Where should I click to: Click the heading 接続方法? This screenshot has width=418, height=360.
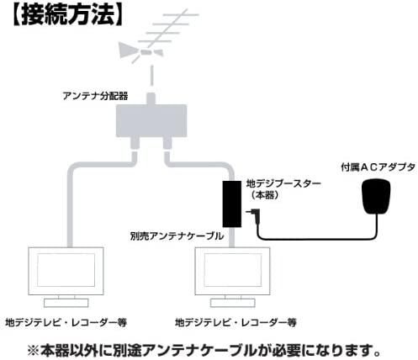click(68, 14)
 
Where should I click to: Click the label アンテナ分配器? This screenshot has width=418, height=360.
click(95, 96)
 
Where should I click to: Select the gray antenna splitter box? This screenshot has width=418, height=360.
click(151, 120)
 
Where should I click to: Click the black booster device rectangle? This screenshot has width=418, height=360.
click(232, 204)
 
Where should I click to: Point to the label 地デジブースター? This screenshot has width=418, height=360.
click(283, 184)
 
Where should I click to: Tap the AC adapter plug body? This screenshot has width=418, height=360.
click(376, 196)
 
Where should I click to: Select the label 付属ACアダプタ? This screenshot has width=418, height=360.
click(378, 167)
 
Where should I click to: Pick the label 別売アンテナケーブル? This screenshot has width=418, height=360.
click(177, 236)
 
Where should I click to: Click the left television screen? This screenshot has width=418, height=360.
click(66, 270)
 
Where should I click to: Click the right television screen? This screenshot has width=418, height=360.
click(233, 270)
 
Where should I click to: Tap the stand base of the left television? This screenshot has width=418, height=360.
click(66, 303)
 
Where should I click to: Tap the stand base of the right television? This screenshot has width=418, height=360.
click(233, 303)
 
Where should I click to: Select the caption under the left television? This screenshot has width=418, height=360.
click(66, 322)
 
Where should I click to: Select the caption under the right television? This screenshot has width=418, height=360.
click(235, 322)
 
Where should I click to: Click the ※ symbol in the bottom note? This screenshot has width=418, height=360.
click(34, 351)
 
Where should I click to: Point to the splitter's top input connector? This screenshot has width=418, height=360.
click(151, 98)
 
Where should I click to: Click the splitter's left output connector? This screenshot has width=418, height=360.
click(135, 143)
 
